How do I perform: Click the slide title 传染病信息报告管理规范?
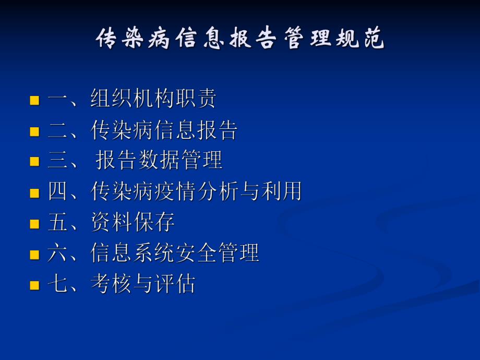click(x=240, y=39)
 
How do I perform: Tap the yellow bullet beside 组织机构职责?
click(x=34, y=100)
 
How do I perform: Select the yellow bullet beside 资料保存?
click(x=34, y=224)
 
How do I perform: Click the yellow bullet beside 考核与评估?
click(x=34, y=285)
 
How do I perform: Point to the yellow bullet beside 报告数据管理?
click(x=34, y=162)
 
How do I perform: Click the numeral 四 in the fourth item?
click(x=58, y=192)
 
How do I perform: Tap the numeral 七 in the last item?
click(x=58, y=284)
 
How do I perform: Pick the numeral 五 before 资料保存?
click(x=58, y=223)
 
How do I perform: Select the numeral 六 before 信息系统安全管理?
click(x=58, y=254)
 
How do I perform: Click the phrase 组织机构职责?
click(x=153, y=99)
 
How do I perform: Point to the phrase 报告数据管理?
click(x=159, y=161)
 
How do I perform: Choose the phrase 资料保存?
click(x=133, y=223)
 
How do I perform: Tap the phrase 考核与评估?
click(x=143, y=284)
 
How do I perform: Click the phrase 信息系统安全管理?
click(x=175, y=254)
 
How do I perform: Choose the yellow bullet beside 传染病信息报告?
click(x=34, y=131)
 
